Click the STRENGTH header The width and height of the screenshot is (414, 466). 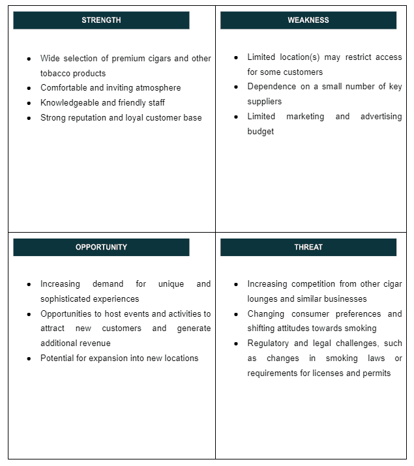click(101, 20)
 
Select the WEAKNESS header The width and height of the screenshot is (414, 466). click(308, 20)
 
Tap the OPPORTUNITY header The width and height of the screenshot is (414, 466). click(101, 247)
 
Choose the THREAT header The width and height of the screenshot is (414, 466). click(308, 247)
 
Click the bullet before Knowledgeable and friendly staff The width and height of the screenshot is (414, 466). click(29, 103)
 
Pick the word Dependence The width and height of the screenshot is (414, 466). click(271, 87)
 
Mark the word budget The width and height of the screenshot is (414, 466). click(260, 132)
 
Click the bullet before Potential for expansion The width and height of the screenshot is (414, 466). click(29, 358)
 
